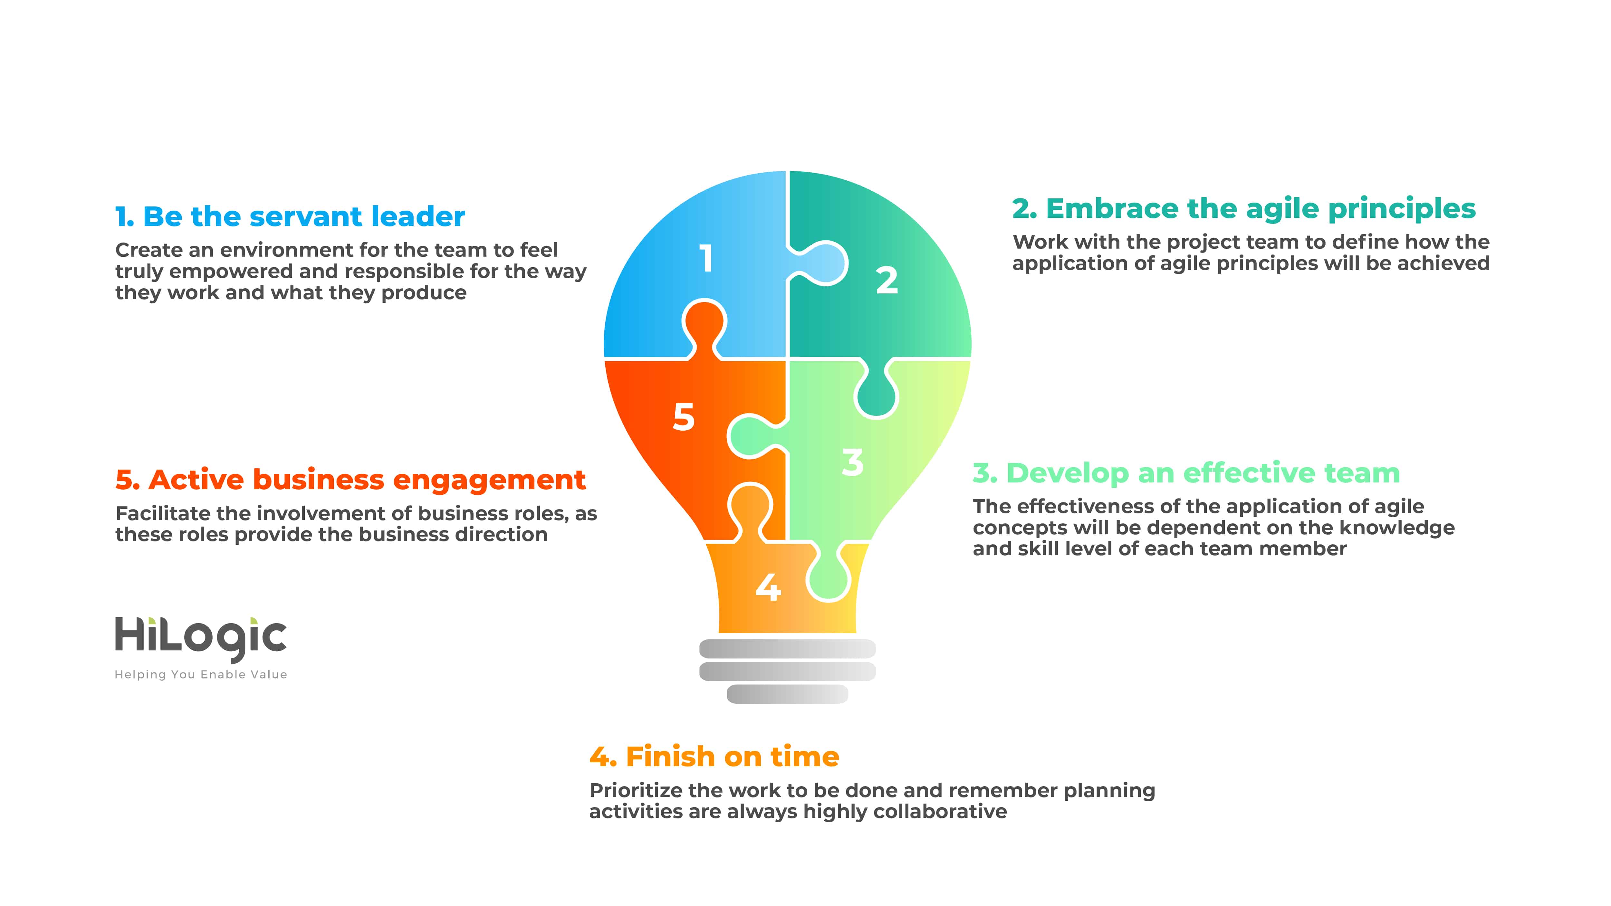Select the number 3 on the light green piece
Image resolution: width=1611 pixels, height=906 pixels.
[852, 463]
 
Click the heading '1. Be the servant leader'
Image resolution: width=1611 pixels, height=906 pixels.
[290, 216]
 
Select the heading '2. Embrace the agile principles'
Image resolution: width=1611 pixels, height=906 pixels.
[1244, 209]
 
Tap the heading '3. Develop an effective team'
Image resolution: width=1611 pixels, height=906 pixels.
[1186, 473]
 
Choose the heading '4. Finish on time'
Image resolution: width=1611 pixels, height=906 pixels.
[714, 757]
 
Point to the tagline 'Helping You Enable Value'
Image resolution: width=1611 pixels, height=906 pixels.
[201, 675]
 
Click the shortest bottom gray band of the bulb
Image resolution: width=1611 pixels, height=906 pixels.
[787, 694]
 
